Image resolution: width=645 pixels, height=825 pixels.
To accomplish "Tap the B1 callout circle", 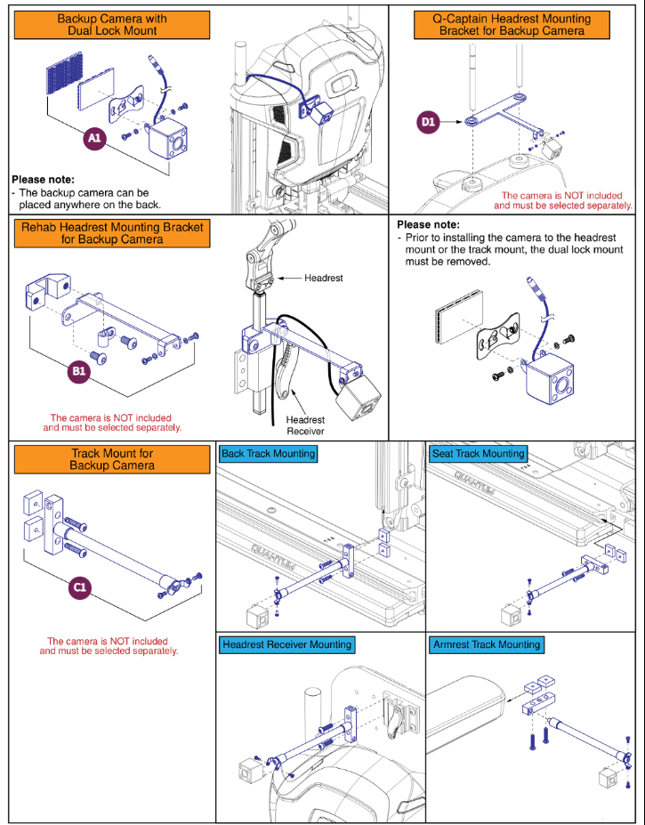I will click(x=80, y=372).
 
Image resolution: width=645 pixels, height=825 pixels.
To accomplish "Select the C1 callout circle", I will click(x=80, y=588).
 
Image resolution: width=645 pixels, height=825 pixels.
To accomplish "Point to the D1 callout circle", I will click(x=429, y=123).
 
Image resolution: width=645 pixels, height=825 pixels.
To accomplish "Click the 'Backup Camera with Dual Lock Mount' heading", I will click(x=112, y=24).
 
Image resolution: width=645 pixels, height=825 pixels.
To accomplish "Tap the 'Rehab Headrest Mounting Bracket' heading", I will click(x=112, y=233).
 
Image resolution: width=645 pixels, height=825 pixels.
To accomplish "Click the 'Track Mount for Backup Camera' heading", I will click(x=112, y=459).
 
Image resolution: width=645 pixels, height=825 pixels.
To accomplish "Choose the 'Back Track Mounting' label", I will click(x=268, y=454).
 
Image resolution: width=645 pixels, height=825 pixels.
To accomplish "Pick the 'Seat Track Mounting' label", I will click(x=478, y=454).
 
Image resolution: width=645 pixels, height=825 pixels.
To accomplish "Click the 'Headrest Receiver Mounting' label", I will click(x=286, y=644).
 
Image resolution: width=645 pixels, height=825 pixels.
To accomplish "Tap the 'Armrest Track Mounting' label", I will click(x=486, y=644).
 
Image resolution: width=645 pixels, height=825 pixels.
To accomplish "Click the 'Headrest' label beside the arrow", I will click(x=324, y=279).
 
